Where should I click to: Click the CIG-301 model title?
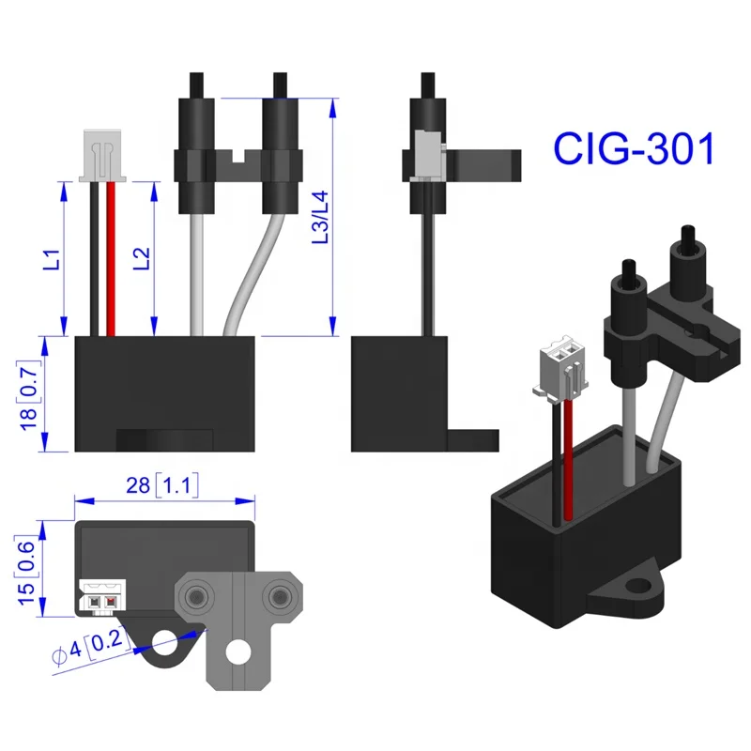(x=634, y=148)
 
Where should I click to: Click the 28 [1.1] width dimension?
(x=163, y=485)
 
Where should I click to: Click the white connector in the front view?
(x=103, y=154)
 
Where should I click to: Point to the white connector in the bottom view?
(x=101, y=596)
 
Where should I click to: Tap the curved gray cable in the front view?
(x=252, y=272)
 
